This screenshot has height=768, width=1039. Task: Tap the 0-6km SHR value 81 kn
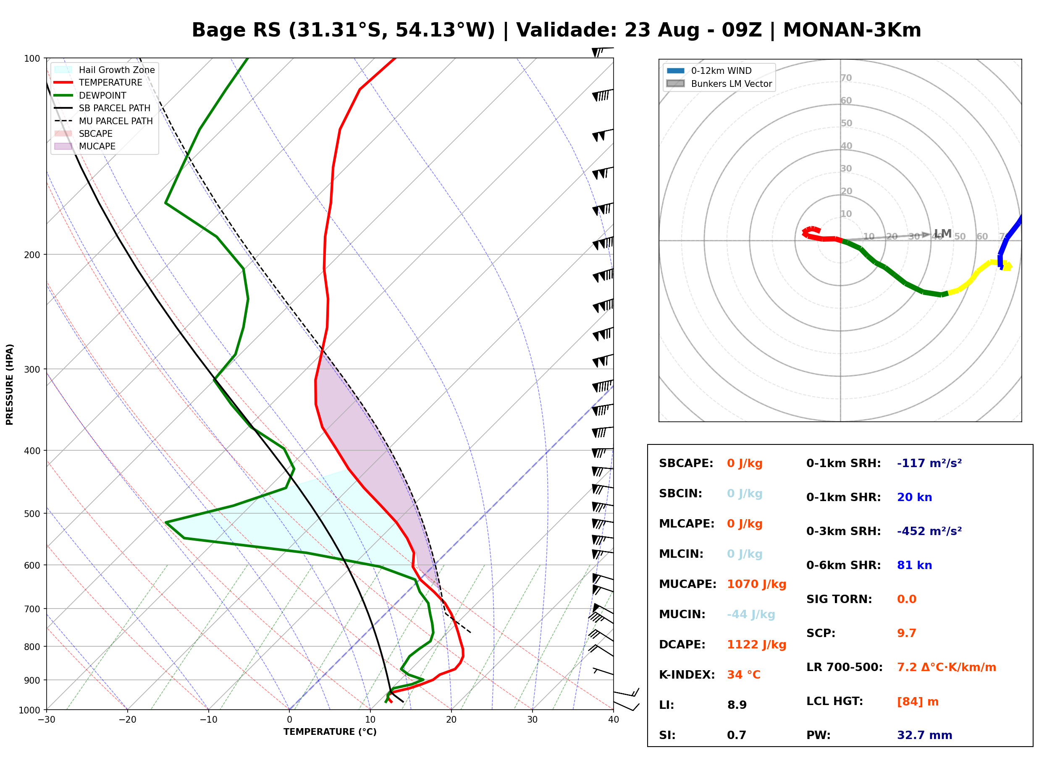(x=914, y=565)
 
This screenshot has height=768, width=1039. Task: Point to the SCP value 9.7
(x=906, y=633)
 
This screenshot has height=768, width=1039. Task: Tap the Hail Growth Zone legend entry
(x=105, y=70)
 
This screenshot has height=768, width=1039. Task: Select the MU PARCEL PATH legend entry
(x=104, y=121)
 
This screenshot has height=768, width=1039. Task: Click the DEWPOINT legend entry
(x=91, y=95)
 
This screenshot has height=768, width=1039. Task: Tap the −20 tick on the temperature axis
(x=127, y=720)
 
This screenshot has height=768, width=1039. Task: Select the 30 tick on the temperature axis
(x=533, y=720)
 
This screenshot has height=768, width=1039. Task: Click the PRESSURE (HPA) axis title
(x=10, y=384)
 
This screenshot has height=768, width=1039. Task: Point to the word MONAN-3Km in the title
(x=852, y=30)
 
